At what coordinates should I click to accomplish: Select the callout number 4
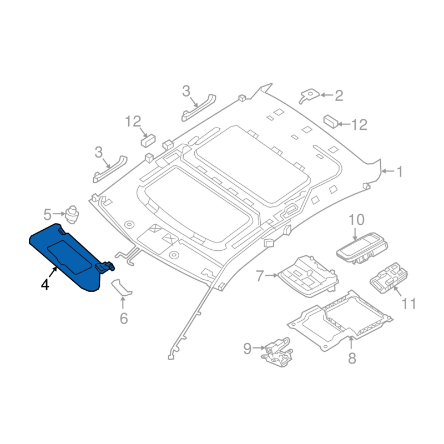pos(45,284)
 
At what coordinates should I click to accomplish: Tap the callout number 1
pos(400,171)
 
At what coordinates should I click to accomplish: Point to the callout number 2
pos(339,95)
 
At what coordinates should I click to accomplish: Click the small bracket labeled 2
pos(309,95)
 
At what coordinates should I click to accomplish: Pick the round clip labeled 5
pos(72,215)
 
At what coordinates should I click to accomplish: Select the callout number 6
pos(124,319)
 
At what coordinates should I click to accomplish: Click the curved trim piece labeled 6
pos(122,287)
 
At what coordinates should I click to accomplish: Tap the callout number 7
pos(260,276)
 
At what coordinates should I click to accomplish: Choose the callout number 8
pos(352,358)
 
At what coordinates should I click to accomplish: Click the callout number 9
pos(248,349)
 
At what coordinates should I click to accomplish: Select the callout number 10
pos(356,219)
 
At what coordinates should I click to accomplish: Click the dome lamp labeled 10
pos(362,248)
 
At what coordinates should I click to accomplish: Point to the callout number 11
pos(409,304)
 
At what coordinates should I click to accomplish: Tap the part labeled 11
pos(389,278)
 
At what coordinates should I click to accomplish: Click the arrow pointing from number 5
pos(59,214)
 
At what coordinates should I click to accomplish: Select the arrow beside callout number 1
pos(387,171)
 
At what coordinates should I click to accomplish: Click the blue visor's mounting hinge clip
pos(105,266)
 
